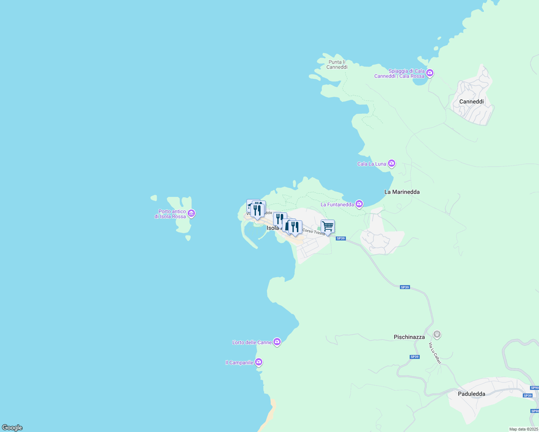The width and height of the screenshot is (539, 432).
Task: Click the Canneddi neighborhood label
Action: (x=471, y=102)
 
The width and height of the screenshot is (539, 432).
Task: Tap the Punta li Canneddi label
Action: (x=337, y=64)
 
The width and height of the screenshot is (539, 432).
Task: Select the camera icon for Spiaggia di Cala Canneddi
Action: (x=429, y=73)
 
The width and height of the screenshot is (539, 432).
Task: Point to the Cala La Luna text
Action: (x=371, y=164)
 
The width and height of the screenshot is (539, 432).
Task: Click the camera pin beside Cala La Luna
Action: (x=392, y=164)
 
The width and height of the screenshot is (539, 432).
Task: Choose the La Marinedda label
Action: (x=402, y=192)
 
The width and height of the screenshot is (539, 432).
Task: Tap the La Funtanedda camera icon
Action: (x=359, y=204)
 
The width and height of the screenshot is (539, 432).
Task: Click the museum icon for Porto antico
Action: (x=191, y=213)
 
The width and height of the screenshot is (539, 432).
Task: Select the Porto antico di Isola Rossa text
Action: (x=170, y=214)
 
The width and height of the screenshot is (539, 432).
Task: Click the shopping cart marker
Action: (x=328, y=226)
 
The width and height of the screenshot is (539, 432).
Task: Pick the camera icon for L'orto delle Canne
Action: (x=277, y=342)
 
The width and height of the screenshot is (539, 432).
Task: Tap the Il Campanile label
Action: (x=239, y=363)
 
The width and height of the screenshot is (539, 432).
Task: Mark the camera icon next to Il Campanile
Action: (x=258, y=362)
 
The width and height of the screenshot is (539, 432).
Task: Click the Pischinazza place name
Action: (x=409, y=337)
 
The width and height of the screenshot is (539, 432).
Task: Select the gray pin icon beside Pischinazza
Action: (x=437, y=335)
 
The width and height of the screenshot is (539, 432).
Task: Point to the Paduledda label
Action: (x=471, y=394)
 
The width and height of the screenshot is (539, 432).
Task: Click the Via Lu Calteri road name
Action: (x=435, y=353)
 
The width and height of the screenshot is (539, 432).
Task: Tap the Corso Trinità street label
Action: (x=313, y=232)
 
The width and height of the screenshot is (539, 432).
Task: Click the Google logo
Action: (x=12, y=428)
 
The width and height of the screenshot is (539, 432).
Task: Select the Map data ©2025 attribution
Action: (x=523, y=429)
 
